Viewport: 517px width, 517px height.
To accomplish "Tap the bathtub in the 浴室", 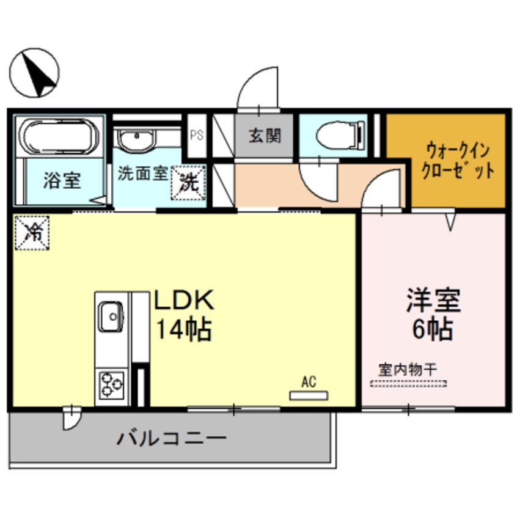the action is pyautogui.click(x=59, y=136).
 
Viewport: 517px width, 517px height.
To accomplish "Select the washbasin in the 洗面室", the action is pyautogui.click(x=136, y=139).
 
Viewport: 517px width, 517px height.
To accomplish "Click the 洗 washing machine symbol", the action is pyautogui.click(x=189, y=182).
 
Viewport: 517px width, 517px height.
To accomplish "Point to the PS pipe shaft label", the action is pyautogui.click(x=197, y=135).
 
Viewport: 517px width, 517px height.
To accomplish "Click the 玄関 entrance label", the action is pyautogui.click(x=265, y=136).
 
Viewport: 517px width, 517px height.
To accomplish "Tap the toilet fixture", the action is pyautogui.click(x=340, y=135).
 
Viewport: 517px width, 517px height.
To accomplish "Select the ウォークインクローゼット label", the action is pyautogui.click(x=458, y=161).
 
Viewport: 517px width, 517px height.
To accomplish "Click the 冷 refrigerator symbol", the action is pyautogui.click(x=32, y=233).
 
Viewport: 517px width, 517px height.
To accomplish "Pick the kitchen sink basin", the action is pyautogui.click(x=111, y=316).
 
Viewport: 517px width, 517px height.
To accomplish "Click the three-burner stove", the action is pyautogui.click(x=111, y=384).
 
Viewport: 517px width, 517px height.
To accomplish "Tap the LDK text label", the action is pyautogui.click(x=185, y=299).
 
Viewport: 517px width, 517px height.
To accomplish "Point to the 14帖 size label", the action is pyautogui.click(x=184, y=329).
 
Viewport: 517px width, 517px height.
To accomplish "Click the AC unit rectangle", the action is pyautogui.click(x=309, y=395).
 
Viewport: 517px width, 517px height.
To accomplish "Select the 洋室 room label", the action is pyautogui.click(x=433, y=300).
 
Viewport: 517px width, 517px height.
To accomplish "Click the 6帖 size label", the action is pyautogui.click(x=433, y=329).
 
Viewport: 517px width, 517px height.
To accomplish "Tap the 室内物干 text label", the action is pyautogui.click(x=408, y=370).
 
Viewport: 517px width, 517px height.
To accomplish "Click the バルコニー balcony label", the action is pyautogui.click(x=172, y=439).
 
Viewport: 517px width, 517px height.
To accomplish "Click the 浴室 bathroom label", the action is pyautogui.click(x=62, y=181).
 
